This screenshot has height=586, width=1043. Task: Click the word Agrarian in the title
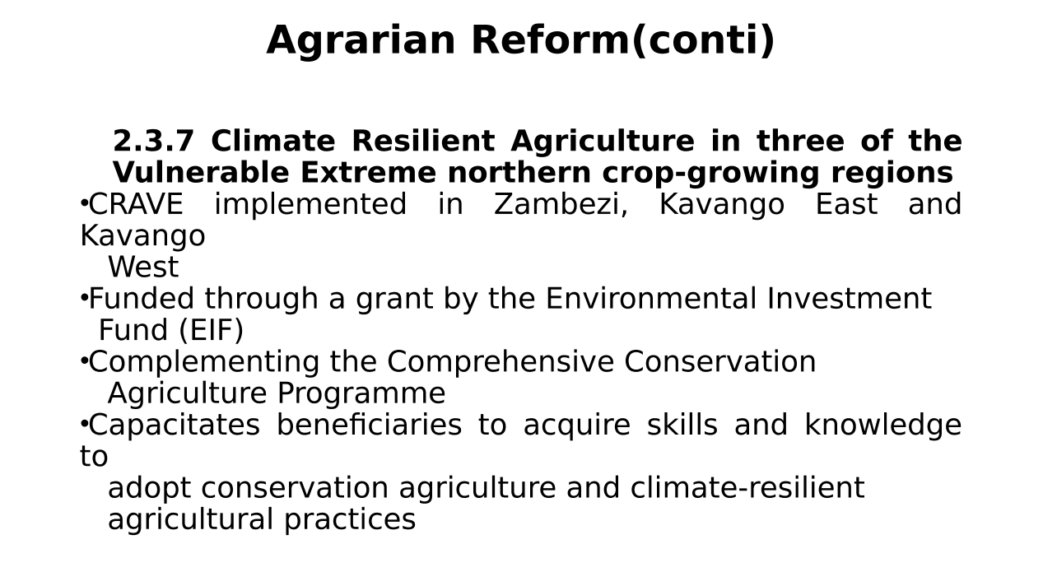(361, 41)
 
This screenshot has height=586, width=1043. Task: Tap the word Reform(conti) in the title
(623, 41)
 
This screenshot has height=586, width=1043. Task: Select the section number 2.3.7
(154, 141)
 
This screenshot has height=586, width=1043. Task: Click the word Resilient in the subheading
(423, 141)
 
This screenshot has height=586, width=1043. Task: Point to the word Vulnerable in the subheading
(201, 172)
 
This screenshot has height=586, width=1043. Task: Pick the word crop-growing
(710, 173)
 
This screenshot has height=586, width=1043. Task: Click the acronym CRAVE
(136, 204)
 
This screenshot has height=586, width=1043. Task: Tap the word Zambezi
(561, 205)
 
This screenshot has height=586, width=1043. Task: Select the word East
(846, 204)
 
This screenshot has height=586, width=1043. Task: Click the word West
(143, 267)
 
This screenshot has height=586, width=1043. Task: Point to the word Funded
(141, 298)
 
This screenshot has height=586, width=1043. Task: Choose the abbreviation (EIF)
(211, 330)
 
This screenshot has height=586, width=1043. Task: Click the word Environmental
(651, 299)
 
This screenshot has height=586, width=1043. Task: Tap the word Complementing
(204, 362)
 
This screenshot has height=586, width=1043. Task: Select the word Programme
(361, 393)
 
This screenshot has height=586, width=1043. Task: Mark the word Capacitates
(175, 425)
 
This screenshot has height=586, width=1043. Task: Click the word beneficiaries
(370, 425)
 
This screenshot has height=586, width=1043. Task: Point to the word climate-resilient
(747, 488)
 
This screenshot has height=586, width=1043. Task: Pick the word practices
(350, 519)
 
